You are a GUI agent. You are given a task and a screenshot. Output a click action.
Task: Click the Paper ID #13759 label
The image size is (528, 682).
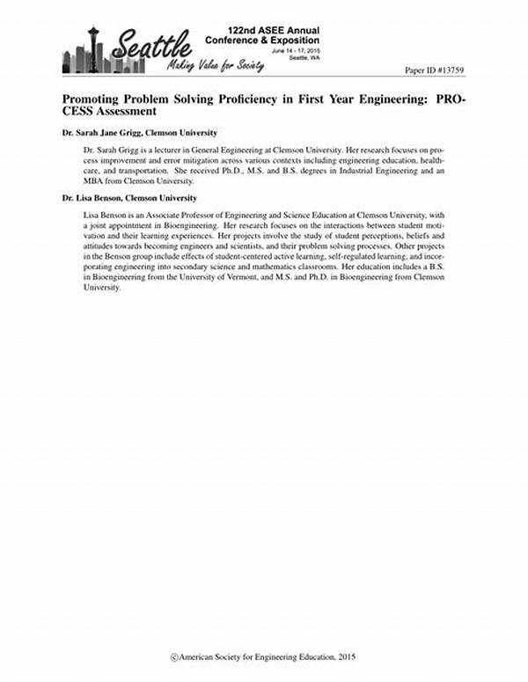(436, 69)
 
